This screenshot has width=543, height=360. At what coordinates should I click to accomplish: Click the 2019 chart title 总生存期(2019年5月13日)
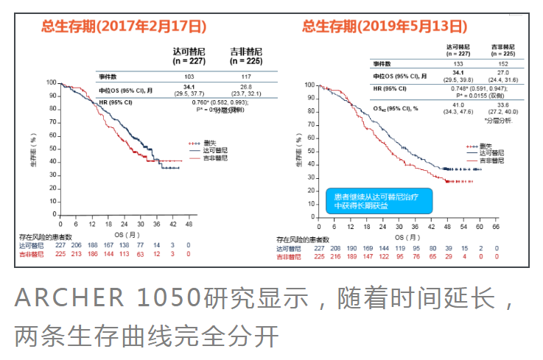[385, 26]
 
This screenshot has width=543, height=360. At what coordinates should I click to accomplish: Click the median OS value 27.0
[503, 74]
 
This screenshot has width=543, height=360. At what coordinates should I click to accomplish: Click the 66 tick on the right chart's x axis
[497, 228]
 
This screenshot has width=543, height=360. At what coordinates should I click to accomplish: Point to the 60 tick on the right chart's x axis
[480, 228]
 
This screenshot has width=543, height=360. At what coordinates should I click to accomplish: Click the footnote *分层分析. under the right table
[499, 119]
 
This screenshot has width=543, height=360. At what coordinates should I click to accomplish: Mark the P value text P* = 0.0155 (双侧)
[481, 94]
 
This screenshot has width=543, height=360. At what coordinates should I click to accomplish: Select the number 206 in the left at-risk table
[76, 245]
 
